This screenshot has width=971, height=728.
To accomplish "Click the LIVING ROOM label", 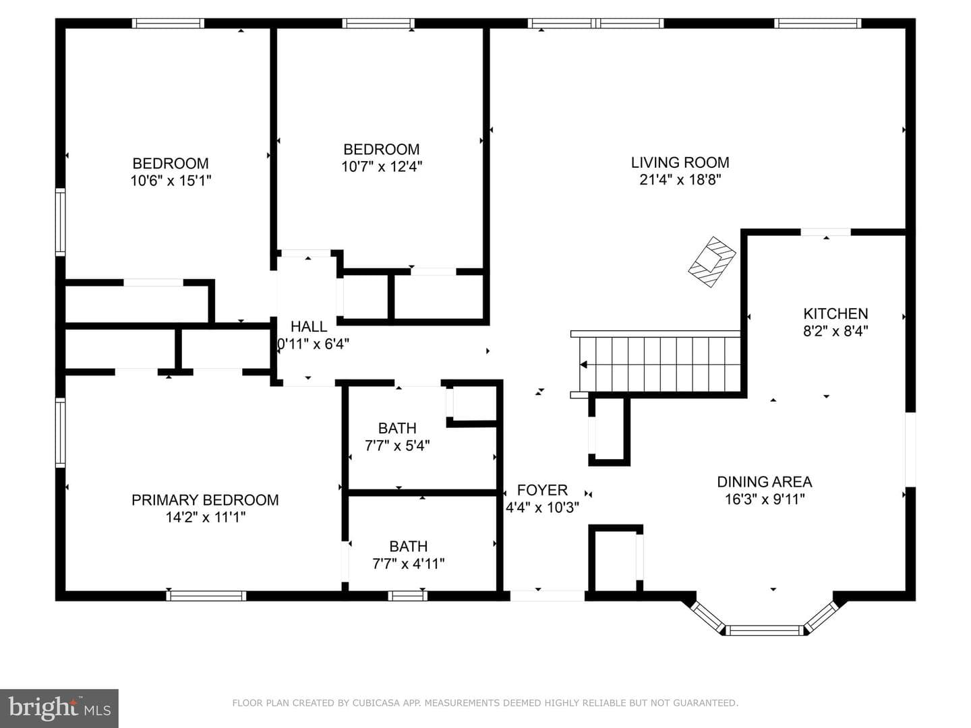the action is pos(680,162).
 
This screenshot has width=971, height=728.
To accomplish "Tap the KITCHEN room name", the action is pos(835,314).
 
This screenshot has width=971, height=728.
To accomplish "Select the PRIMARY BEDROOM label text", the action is pos(205,500).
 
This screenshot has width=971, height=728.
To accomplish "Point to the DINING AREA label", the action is pos(765,482).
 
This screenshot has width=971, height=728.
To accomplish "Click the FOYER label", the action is pos(542,490).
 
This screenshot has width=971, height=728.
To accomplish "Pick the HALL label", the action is pos(309,327).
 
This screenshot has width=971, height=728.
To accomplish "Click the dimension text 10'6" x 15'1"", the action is pos(171,181).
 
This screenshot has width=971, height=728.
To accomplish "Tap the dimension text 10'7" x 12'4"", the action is pos(382,166).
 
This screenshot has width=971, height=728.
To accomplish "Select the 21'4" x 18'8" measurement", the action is pos(680,180).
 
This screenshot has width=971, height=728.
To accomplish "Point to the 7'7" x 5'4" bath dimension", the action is pos(397,446).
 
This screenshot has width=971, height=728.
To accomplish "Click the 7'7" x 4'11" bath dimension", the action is pos(409,564).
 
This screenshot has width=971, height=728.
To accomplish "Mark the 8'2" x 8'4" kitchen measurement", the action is pos(835,331).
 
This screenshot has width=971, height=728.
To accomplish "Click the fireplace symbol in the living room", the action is pos(712,262).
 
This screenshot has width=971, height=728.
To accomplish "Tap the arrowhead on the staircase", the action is pos(583,365).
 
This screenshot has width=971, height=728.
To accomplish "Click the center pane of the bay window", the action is pos(765,630).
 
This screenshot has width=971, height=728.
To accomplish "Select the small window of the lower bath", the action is pos(408,596).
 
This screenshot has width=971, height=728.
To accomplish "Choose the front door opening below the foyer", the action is pos(548,596).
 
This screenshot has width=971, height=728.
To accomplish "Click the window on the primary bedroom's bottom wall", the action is pos(206,596).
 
